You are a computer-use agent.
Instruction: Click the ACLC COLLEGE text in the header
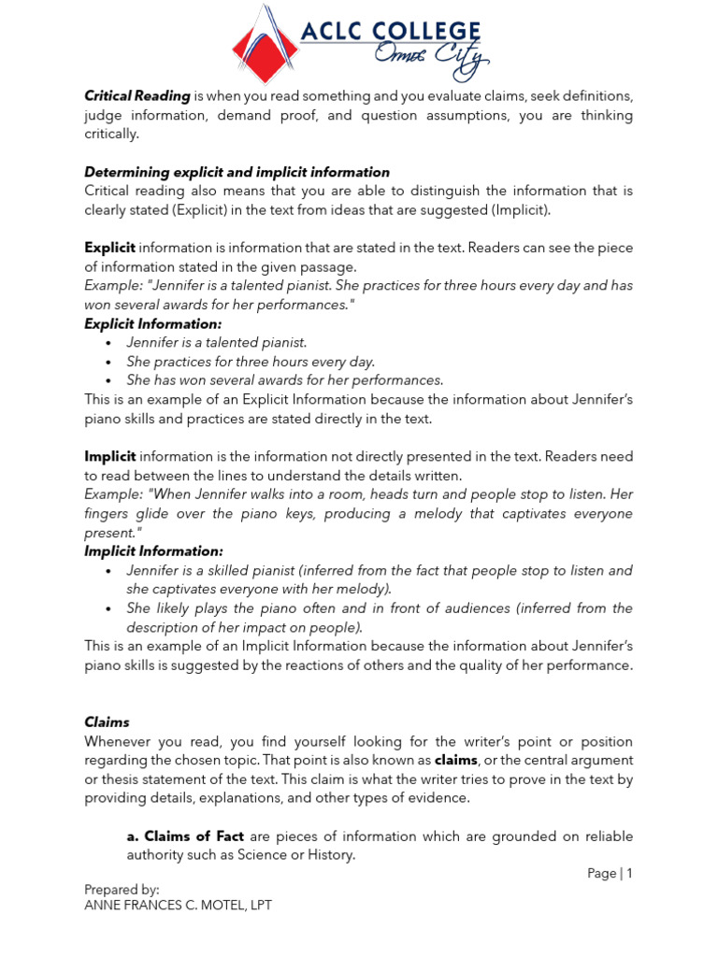(390, 34)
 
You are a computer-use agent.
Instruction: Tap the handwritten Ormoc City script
(431, 64)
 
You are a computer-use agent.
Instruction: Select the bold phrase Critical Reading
(137, 96)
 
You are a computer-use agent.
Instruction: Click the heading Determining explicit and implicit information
(237, 172)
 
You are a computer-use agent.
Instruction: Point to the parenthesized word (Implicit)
(517, 209)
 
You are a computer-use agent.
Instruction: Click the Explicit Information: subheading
(153, 323)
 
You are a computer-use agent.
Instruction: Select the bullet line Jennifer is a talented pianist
(217, 342)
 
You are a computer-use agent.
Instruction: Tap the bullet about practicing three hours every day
(251, 361)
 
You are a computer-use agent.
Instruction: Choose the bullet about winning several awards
(284, 379)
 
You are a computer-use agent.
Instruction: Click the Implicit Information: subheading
(153, 551)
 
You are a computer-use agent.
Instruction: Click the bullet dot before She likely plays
(109, 608)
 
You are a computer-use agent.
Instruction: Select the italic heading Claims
(107, 722)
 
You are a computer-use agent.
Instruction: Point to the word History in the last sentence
(331, 854)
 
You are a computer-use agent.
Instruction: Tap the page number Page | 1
(610, 873)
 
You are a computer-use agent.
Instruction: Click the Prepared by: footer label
(122, 889)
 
